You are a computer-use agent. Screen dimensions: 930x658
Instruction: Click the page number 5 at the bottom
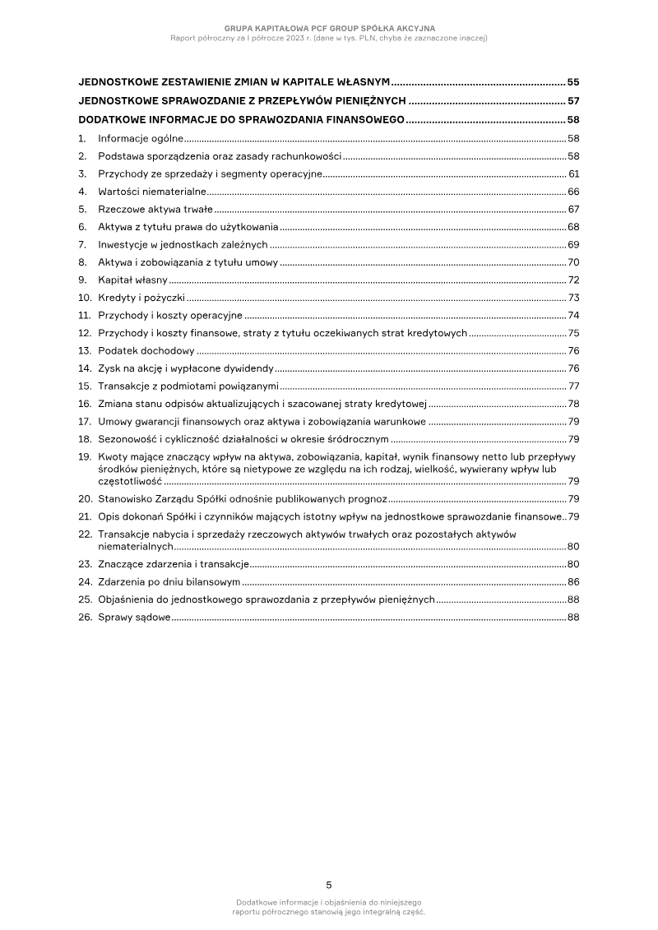click(329, 885)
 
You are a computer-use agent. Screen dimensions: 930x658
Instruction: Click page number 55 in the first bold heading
click(573, 83)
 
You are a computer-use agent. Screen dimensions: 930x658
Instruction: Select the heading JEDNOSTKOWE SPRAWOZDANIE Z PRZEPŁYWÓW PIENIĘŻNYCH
click(242, 101)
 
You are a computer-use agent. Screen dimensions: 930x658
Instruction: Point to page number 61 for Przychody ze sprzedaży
click(574, 174)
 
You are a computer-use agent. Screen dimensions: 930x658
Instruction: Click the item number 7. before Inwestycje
click(82, 244)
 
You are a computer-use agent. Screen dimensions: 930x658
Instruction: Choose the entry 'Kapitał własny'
click(132, 280)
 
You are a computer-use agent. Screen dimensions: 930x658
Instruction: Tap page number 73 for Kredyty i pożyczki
click(574, 298)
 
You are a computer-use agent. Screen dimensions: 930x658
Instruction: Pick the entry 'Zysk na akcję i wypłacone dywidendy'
click(186, 368)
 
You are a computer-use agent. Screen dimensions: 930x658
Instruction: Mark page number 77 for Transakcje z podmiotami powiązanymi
click(574, 386)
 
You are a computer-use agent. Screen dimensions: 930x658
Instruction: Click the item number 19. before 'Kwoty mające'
click(84, 456)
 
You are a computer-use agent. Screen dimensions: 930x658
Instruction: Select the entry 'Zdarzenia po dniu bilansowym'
click(169, 582)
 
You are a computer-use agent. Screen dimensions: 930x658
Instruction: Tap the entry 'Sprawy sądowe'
click(134, 618)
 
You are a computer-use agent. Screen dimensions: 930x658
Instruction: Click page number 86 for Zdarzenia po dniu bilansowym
click(573, 582)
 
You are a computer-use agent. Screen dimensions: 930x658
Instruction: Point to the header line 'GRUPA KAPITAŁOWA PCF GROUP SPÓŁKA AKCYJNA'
click(329, 28)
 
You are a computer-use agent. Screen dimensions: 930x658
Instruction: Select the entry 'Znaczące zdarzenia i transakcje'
click(173, 564)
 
